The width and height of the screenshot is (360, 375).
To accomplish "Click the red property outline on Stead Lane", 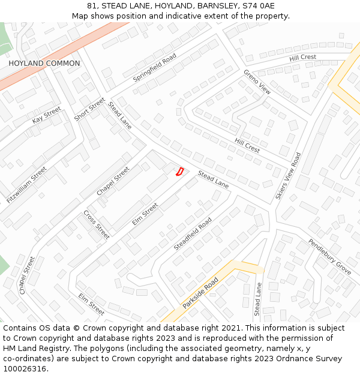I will [x=179, y=172].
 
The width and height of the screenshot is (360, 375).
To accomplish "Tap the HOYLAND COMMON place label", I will [x=44, y=64].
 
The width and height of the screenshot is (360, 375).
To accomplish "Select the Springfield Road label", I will [x=154, y=67].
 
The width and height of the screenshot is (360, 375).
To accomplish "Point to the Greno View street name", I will [x=257, y=82].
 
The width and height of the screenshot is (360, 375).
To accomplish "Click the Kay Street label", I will [x=47, y=115].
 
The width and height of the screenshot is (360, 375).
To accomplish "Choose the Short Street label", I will [x=89, y=109].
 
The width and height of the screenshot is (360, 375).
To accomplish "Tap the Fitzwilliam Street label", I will [x=26, y=185].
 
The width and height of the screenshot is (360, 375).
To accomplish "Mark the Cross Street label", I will [x=96, y=224].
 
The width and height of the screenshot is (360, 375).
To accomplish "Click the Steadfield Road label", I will [x=193, y=234].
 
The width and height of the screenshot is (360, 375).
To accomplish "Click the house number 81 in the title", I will [x=92, y=6].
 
